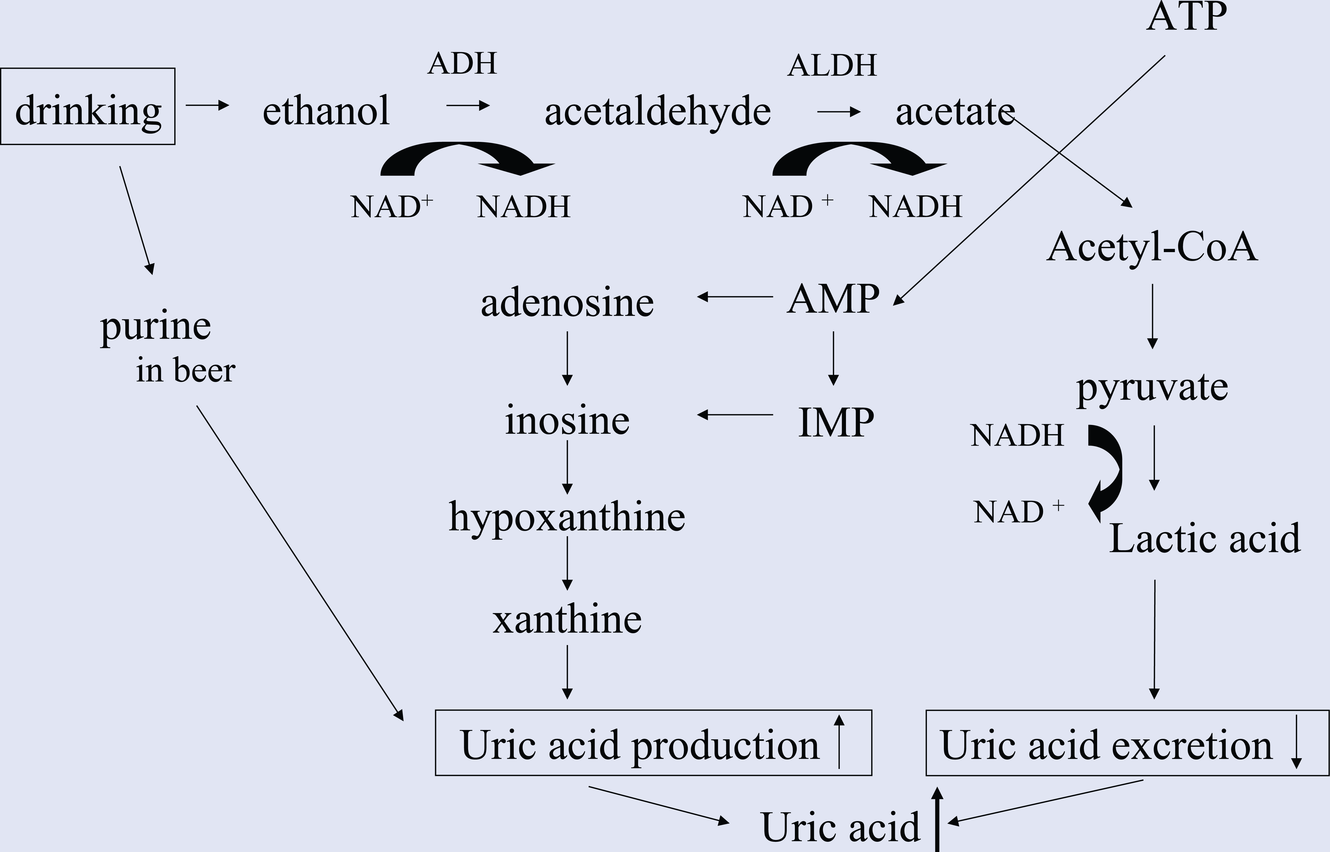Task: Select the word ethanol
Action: tap(326, 111)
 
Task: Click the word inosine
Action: tap(567, 420)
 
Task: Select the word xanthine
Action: tap(567, 620)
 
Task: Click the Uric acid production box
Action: tap(653, 742)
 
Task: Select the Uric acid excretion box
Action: tap(1128, 742)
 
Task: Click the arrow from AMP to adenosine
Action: tap(735, 297)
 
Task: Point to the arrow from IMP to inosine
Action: tap(735, 414)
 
